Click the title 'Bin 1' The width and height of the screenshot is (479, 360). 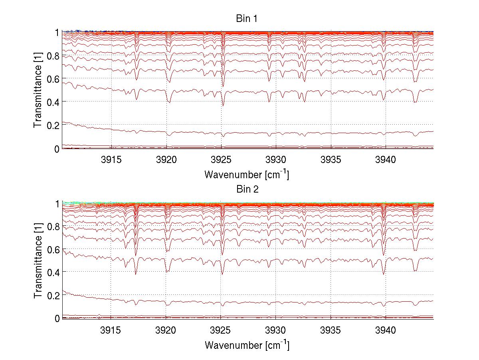[247, 19]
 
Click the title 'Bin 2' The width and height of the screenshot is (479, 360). [247, 189]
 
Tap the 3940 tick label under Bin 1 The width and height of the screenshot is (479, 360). [385, 160]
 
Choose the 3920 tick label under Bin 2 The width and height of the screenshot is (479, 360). [166, 330]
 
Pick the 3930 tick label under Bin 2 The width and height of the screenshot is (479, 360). [276, 330]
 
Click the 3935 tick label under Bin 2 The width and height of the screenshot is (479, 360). [331, 330]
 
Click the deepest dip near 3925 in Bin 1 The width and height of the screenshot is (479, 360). [223, 105]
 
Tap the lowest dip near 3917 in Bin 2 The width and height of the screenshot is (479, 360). [136, 274]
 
